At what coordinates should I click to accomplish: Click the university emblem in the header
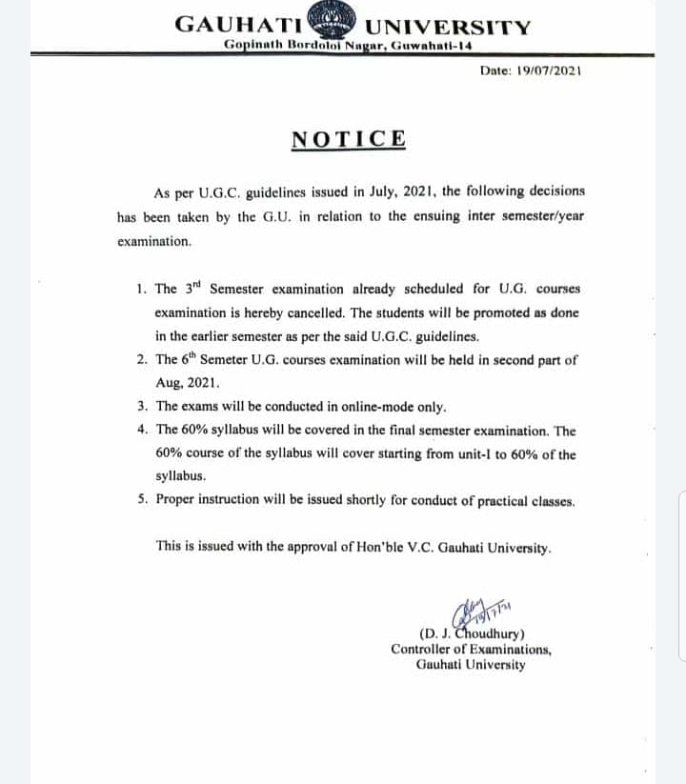point(339,23)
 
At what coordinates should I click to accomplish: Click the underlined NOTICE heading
point(349,139)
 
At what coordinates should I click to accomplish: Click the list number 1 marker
point(141,289)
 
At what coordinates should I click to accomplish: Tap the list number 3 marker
point(141,407)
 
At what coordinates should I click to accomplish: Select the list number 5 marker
point(141,500)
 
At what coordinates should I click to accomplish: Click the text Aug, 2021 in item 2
point(187,383)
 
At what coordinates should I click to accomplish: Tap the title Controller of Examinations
point(471,650)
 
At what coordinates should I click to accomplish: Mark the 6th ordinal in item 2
point(192,359)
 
